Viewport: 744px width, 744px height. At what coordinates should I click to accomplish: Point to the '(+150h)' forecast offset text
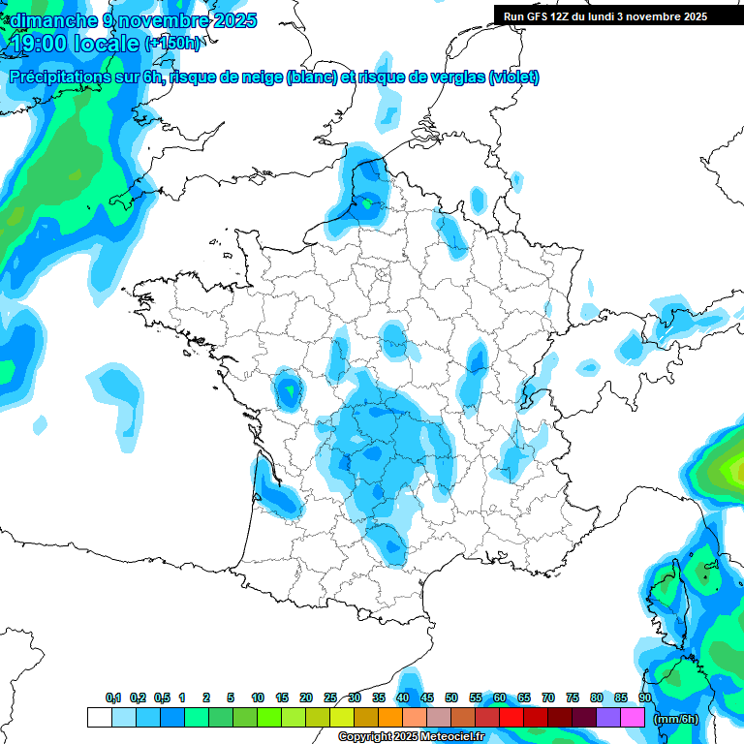click(x=172, y=44)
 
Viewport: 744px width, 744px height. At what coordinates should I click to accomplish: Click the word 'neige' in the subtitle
click(x=260, y=77)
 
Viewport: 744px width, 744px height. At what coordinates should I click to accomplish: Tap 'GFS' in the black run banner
click(x=539, y=16)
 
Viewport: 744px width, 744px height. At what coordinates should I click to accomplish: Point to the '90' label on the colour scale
click(x=644, y=697)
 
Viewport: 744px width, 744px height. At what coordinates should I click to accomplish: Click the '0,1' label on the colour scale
click(x=112, y=697)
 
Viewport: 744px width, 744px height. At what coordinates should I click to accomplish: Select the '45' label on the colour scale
click(x=427, y=697)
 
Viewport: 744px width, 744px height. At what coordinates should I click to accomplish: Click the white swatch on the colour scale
click(x=99, y=718)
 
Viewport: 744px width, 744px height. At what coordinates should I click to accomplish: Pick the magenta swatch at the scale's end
click(x=633, y=718)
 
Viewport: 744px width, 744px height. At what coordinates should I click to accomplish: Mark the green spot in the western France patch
click(x=289, y=392)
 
